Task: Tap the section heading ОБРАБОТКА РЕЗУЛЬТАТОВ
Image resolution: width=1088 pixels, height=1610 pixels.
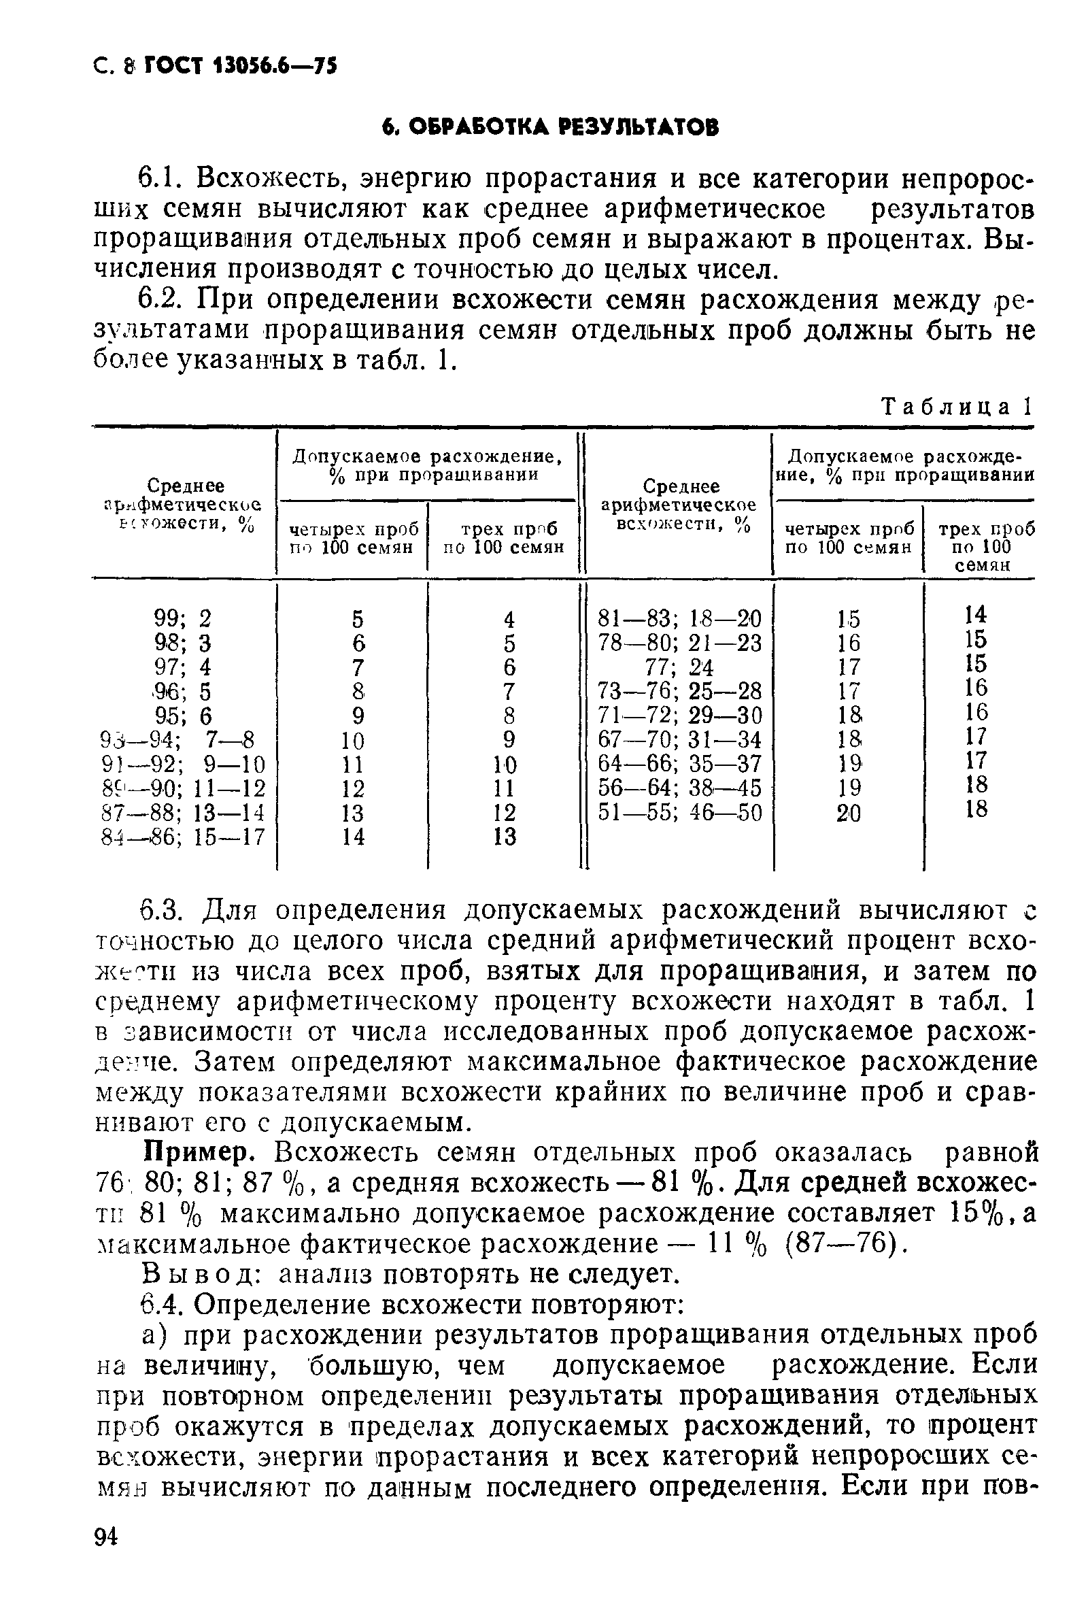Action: click(551, 127)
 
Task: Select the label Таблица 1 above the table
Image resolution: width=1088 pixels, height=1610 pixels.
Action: click(956, 407)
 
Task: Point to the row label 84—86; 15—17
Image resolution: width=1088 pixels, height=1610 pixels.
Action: click(183, 837)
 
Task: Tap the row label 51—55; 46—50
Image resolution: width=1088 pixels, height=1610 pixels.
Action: click(679, 812)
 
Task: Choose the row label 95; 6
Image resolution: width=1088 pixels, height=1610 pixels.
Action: click(183, 716)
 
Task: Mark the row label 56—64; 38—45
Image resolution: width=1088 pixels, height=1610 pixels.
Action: click(679, 788)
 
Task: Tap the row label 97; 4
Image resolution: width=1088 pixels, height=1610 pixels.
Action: click(183, 667)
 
